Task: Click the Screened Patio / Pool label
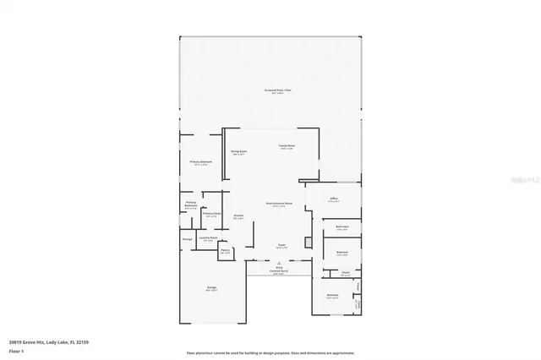(276, 90)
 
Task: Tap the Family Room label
(287, 147)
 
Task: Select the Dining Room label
(238, 153)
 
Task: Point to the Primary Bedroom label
(200, 161)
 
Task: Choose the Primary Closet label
(211, 215)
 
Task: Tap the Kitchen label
(238, 216)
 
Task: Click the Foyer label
(281, 246)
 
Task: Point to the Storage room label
(187, 239)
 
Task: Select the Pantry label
(226, 251)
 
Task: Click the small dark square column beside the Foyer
(308, 243)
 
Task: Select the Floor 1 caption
(17, 350)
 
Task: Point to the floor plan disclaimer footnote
(270, 352)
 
